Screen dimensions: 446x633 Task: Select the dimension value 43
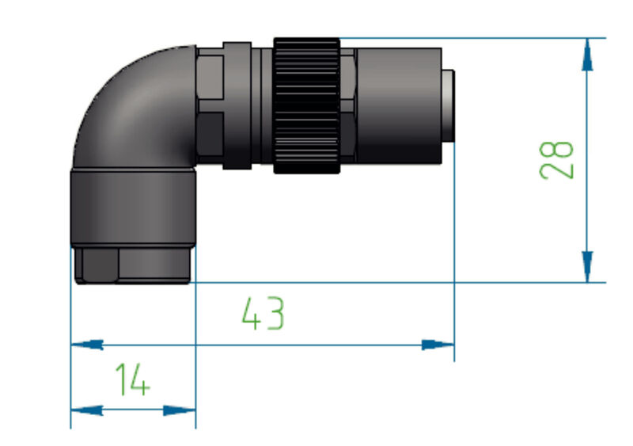click(263, 314)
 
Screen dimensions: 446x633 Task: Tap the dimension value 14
click(132, 380)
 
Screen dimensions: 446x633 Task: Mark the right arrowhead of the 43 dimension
click(438, 345)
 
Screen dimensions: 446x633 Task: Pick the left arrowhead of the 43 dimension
click(88, 345)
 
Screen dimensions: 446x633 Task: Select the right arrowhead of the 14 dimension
click(179, 410)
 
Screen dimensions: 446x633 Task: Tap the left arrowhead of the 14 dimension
click(88, 410)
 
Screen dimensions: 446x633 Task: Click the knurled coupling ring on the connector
click(307, 105)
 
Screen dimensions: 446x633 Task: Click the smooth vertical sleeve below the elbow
click(132, 208)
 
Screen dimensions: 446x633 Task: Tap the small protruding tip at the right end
click(448, 106)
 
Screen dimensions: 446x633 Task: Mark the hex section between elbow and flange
click(209, 106)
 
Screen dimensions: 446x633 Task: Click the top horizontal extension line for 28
click(475, 37)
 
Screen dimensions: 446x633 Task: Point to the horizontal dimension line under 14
click(133, 410)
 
